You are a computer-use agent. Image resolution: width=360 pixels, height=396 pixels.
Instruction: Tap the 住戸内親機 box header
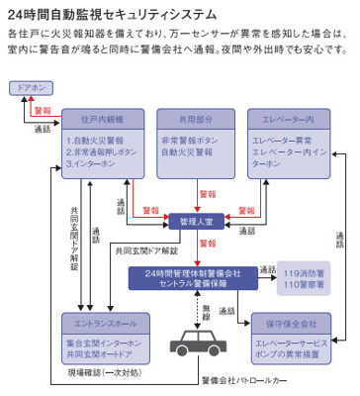[95, 117]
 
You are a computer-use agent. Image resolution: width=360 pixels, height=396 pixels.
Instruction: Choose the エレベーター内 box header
[287, 117]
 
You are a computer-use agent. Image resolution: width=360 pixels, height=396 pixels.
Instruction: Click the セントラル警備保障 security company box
[191, 277]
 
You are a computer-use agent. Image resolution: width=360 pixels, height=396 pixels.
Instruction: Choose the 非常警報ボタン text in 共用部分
[199, 140]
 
